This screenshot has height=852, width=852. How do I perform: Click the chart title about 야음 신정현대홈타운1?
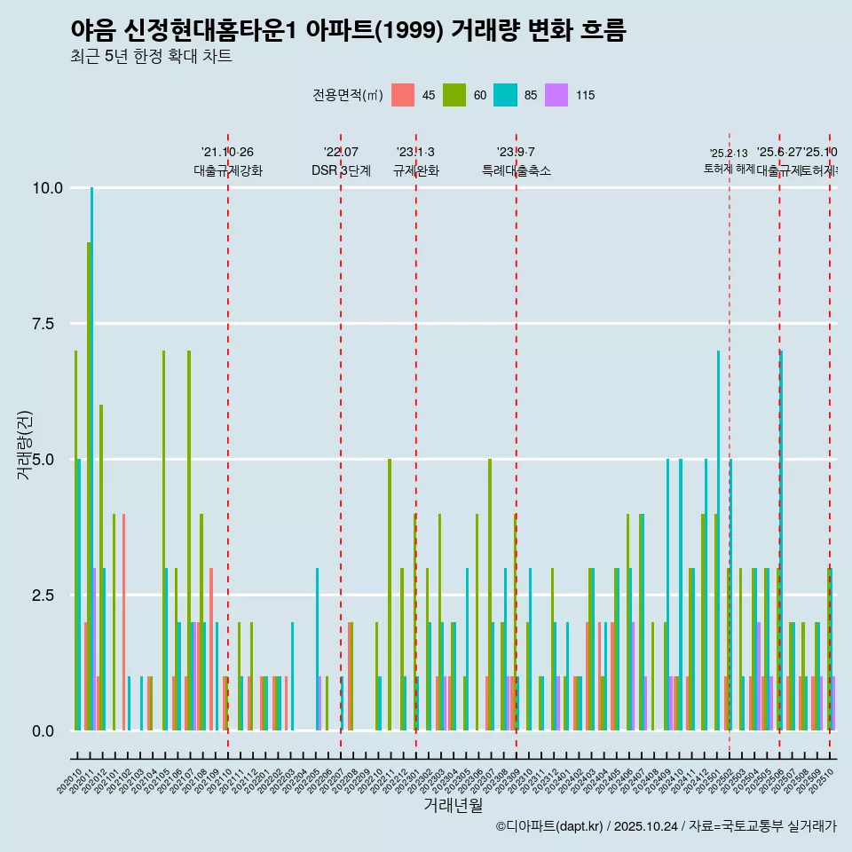coord(348,31)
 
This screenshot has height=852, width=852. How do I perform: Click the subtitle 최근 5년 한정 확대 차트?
coord(151,57)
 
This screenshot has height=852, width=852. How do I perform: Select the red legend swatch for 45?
coord(403,95)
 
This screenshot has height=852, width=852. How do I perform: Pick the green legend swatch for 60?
coord(454,95)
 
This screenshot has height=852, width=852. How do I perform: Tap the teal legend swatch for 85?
coord(505,95)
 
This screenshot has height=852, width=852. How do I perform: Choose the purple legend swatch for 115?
coord(556,95)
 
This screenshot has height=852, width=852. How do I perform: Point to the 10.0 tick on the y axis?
coord(48,188)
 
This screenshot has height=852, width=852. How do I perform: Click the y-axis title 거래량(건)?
coord(25,446)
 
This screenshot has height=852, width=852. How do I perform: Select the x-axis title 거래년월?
coord(453,806)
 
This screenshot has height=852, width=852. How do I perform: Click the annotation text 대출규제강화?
coord(228,170)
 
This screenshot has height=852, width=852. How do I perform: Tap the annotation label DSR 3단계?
coord(341,170)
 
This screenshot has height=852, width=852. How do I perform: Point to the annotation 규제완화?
coord(416,170)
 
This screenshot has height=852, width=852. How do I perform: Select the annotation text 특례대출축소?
coord(517,170)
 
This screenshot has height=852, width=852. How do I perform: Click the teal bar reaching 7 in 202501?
coord(719,540)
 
